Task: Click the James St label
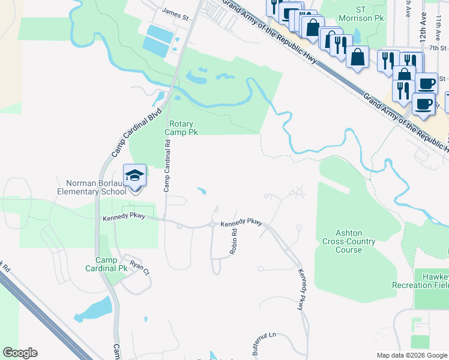tap(175, 11)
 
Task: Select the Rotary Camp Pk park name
tap(181, 127)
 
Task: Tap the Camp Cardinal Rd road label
tap(168, 165)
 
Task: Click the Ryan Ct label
tap(139, 268)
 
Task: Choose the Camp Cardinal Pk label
tap(112, 264)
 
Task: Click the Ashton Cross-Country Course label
tap(348, 242)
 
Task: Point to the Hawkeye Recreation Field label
tap(420, 280)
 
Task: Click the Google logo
tap(20, 353)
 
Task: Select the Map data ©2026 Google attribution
tap(411, 355)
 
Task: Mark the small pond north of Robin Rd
tap(202, 191)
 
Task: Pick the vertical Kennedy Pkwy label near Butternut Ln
tap(301, 289)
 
